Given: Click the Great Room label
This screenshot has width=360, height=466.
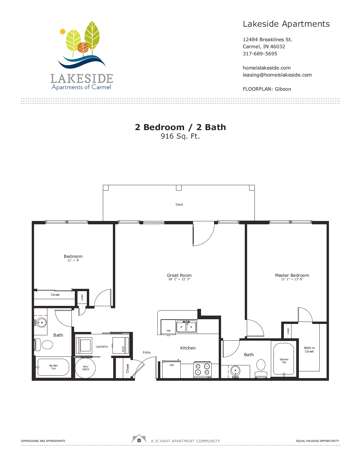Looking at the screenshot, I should (179, 275).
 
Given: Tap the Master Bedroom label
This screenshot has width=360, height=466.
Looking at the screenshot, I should (292, 275).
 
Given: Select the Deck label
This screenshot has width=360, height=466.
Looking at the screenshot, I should (179, 205).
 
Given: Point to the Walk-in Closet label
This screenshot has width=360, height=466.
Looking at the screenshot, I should (309, 350).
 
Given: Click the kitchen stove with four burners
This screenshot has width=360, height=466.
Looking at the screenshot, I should (202, 369).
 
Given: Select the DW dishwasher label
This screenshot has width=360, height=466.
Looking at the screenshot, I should (169, 331).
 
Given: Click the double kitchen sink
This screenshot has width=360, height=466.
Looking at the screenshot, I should (186, 327).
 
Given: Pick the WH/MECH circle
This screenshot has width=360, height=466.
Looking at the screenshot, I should (85, 368).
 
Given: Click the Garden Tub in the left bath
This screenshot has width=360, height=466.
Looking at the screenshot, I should (53, 367).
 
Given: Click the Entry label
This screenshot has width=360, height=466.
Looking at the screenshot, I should (147, 352).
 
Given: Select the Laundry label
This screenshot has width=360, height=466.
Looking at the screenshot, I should (102, 347).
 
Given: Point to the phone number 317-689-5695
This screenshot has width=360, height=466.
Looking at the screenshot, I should (260, 54).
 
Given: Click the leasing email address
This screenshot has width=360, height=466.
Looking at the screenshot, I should (277, 75).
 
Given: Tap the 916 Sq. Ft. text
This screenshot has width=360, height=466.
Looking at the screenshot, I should (180, 136).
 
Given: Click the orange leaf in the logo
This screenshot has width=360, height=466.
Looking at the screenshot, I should (83, 48).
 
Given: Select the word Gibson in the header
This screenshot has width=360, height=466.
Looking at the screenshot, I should (283, 89).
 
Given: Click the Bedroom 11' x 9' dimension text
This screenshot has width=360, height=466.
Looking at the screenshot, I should (73, 260).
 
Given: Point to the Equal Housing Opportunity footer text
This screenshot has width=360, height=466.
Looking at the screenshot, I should (317, 441).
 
